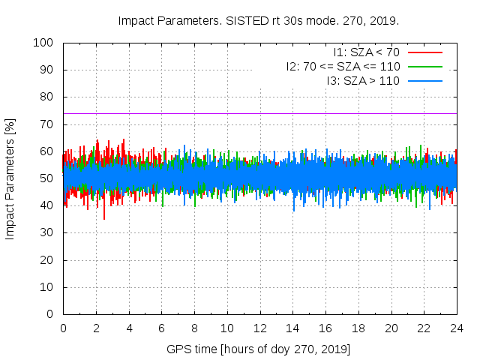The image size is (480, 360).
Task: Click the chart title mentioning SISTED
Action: [x=259, y=20]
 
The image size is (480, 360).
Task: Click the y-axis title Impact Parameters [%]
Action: [x=10, y=178]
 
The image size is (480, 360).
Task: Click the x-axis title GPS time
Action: [x=259, y=349]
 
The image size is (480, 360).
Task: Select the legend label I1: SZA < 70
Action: [x=365, y=52]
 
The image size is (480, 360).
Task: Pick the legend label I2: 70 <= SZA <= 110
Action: [x=343, y=66]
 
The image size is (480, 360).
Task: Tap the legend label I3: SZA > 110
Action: [x=363, y=80]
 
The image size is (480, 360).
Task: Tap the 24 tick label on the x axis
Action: [x=456, y=328]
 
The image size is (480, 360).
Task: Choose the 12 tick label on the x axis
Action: [x=259, y=328]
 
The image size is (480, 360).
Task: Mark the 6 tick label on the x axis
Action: [x=161, y=328]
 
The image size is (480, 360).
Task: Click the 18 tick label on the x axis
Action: [x=358, y=328]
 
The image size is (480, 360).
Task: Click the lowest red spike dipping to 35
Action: [x=104, y=218]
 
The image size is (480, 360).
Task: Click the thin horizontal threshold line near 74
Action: [x=300, y=113]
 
